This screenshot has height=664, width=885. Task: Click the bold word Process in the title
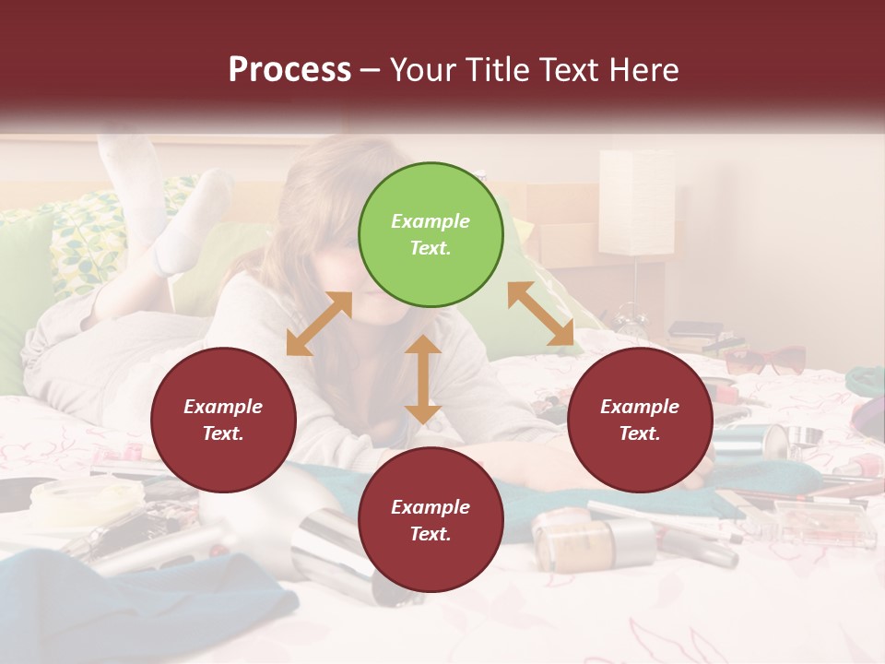(289, 70)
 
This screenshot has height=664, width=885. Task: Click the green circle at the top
(431, 235)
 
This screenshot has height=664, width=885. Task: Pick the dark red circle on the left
(223, 420)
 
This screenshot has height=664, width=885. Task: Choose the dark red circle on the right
(640, 420)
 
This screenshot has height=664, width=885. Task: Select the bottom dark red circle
(431, 520)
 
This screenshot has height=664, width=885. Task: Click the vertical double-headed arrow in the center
(422, 379)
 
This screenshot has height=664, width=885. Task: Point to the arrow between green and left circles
(319, 324)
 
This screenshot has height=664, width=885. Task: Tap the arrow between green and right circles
(540, 314)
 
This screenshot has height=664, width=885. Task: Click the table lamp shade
(636, 202)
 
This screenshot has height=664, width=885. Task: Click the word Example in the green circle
(431, 221)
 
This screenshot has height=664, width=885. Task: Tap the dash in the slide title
(371, 70)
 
